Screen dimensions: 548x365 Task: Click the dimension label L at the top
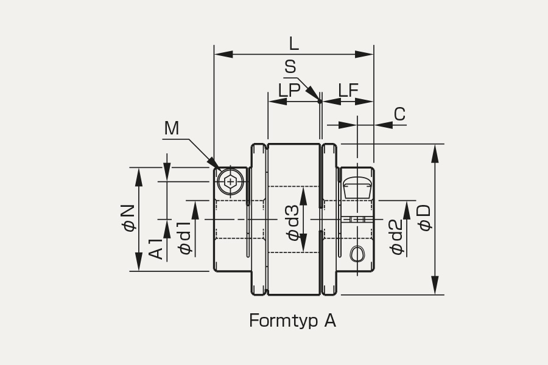pyautogui.click(x=294, y=44)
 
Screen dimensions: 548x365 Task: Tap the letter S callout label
pyautogui.click(x=290, y=66)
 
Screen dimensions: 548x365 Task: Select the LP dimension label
pyautogui.click(x=289, y=90)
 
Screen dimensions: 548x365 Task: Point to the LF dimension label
pyautogui.click(x=348, y=90)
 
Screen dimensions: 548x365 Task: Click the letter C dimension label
pyautogui.click(x=399, y=114)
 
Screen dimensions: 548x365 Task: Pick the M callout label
pyautogui.click(x=172, y=128)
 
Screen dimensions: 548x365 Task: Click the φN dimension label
pyautogui.click(x=128, y=218)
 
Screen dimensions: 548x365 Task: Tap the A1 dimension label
pyautogui.click(x=156, y=249)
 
